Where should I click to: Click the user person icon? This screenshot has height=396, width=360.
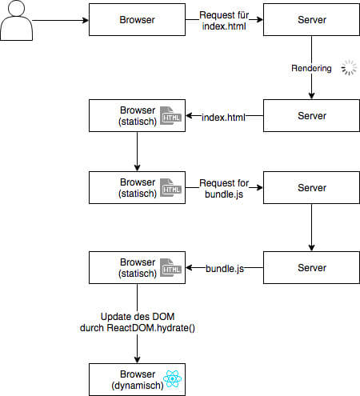(x=16, y=20)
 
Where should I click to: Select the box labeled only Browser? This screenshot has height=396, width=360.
(x=137, y=20)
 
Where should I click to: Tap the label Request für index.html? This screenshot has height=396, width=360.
(x=224, y=21)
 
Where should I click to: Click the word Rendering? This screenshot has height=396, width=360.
(x=311, y=68)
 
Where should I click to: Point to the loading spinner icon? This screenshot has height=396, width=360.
(x=349, y=68)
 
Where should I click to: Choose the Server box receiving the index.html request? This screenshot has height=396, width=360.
(x=311, y=20)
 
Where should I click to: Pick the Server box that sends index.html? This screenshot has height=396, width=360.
(x=311, y=116)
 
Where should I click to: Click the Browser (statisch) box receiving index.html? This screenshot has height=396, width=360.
(x=137, y=116)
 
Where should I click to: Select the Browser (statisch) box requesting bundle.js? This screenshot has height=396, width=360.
(x=137, y=188)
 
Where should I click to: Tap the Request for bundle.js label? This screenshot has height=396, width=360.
(x=224, y=189)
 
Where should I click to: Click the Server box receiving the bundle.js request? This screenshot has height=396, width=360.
(x=311, y=188)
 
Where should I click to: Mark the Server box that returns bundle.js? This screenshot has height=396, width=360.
(x=311, y=267)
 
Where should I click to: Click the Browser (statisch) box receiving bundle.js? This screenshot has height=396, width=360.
(x=137, y=267)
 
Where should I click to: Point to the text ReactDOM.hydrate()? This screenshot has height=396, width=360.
(x=151, y=328)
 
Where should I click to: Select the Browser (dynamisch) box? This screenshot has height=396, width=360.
(x=137, y=379)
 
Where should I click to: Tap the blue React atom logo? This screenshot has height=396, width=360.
(x=173, y=378)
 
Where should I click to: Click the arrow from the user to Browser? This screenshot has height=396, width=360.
(x=61, y=20)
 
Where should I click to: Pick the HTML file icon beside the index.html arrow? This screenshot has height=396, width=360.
(x=170, y=116)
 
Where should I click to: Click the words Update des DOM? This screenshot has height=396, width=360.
(x=138, y=317)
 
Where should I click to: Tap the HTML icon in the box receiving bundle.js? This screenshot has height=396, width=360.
(x=170, y=267)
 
